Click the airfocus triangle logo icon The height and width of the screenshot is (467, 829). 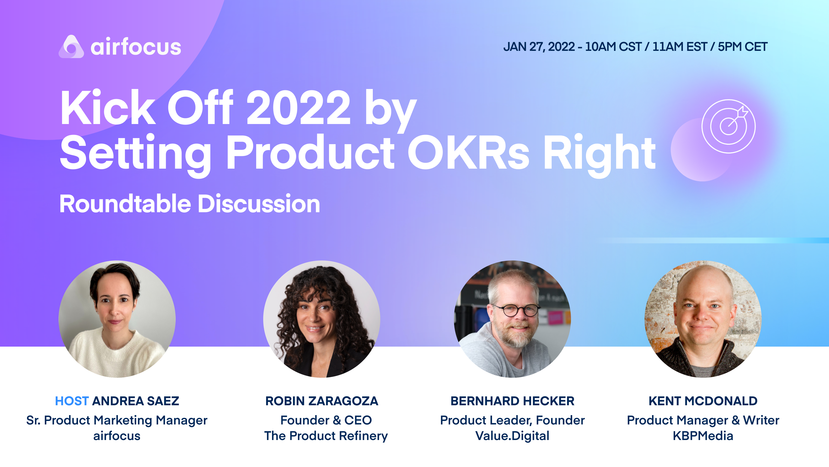71,47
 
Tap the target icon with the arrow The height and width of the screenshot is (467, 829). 728,126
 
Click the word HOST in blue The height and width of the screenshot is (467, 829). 72,401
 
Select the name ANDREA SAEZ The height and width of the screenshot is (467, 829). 135,401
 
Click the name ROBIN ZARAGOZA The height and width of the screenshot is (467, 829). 321,401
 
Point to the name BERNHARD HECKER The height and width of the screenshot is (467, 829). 512,401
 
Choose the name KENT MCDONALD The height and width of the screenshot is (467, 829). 703,401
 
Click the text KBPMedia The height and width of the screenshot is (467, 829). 703,436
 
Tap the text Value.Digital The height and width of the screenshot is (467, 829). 512,436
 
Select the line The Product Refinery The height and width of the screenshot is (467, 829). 326,436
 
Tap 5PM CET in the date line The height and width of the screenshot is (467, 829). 742,47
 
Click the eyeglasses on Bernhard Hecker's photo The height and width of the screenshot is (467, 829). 516,310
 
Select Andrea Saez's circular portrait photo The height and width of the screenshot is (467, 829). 117,319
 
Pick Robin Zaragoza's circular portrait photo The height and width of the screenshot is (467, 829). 321,319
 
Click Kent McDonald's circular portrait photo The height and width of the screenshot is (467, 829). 703,319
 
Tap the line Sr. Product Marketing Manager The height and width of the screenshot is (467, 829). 117,420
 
